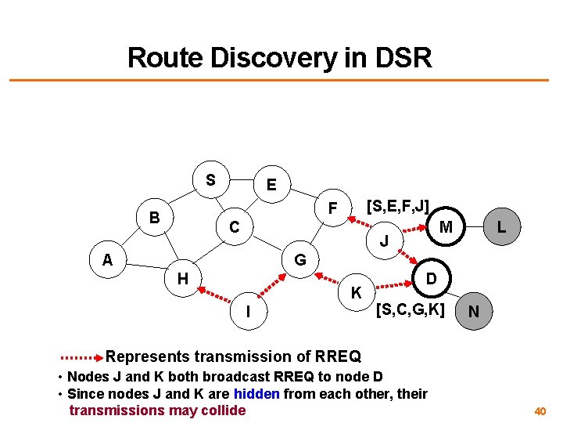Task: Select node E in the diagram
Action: point(271,186)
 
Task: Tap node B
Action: point(155,217)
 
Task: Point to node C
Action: point(234,227)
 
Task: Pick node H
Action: point(182,278)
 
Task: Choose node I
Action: point(248,311)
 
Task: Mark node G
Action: point(299,259)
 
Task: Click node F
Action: point(332,209)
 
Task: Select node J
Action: point(384,240)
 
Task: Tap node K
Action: point(356,293)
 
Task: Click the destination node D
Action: point(431,278)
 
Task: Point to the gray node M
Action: point(446,227)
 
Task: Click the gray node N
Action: point(474,311)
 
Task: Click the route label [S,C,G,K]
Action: point(410,310)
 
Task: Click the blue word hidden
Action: point(256,393)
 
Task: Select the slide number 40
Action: point(540,410)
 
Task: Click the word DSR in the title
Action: point(397,57)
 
